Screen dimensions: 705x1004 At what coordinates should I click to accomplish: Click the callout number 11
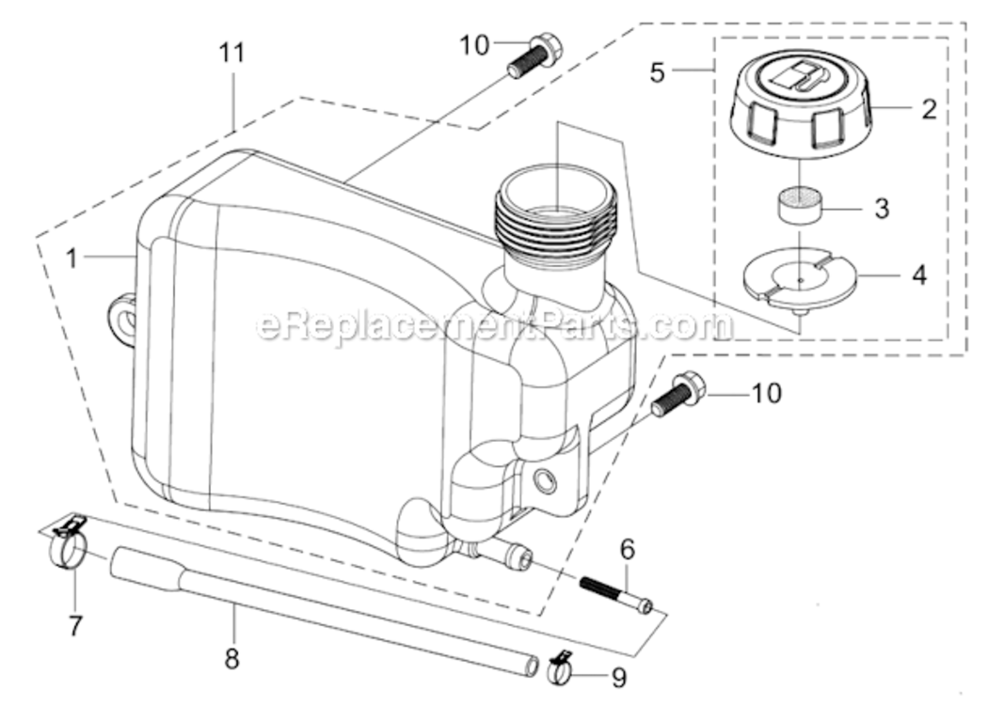232,54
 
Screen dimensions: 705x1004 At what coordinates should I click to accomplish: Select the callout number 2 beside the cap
928,109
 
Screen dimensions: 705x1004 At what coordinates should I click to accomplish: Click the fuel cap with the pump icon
800,103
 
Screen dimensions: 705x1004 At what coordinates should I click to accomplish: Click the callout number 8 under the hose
232,659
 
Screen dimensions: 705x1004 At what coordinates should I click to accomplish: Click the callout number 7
75,624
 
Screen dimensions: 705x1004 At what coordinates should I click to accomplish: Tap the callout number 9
619,677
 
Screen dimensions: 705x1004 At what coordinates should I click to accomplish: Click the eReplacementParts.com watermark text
494,325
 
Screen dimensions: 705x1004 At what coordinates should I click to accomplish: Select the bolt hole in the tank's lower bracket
544,483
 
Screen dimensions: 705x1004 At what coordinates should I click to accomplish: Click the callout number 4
918,275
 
